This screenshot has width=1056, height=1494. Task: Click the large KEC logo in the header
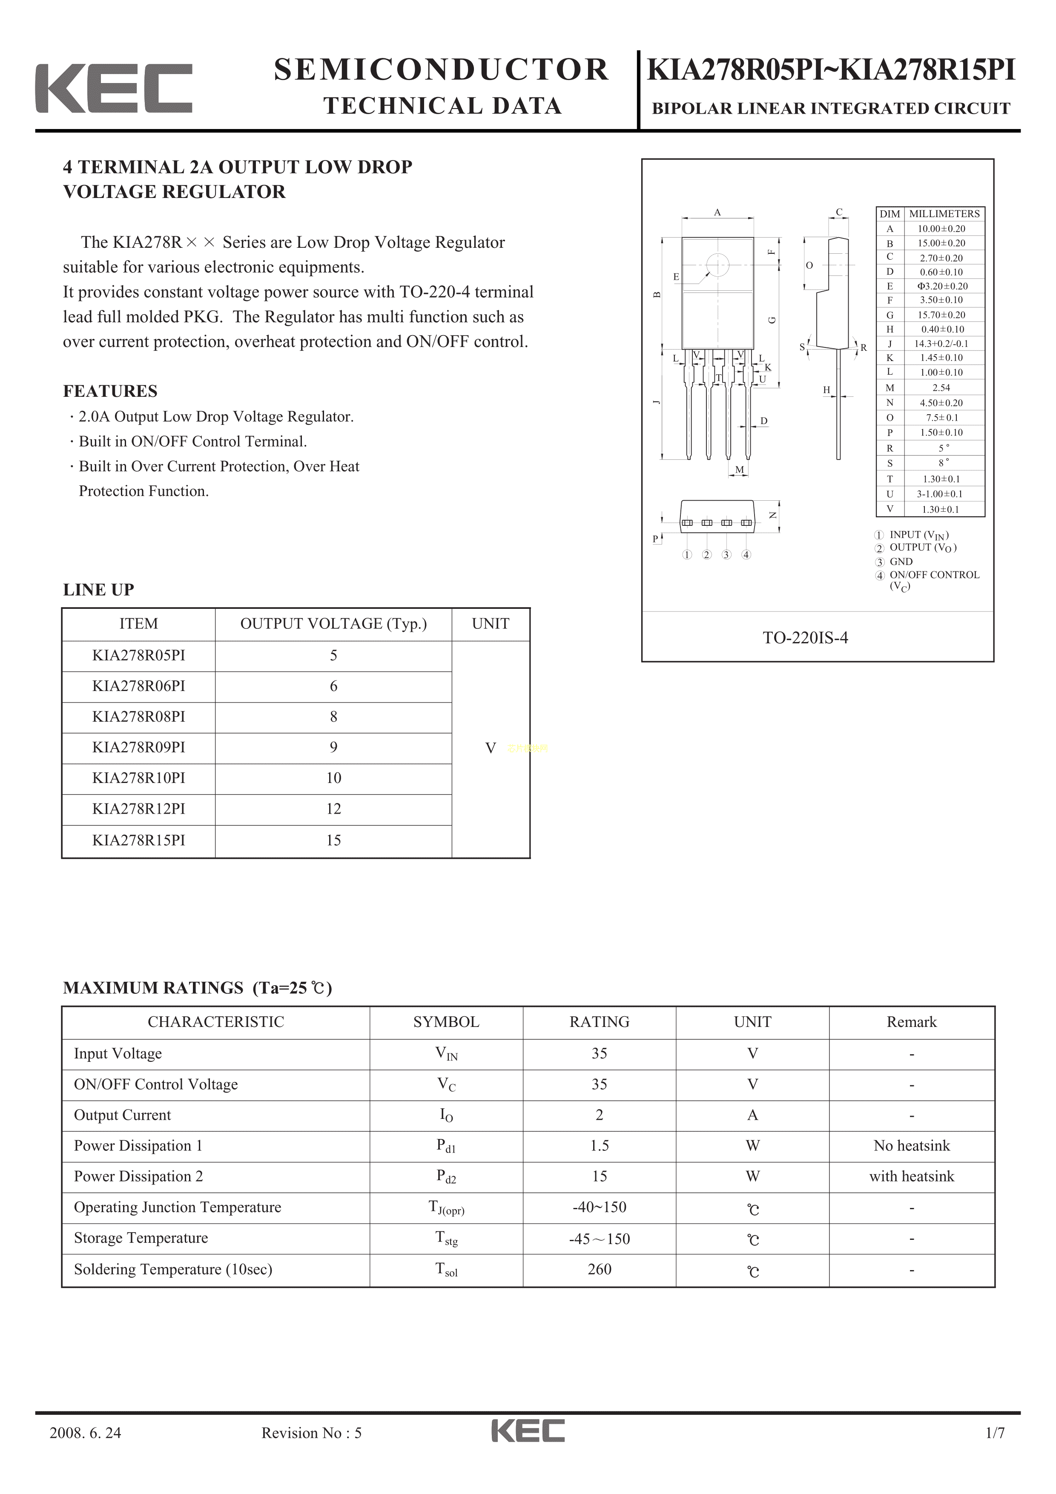tap(114, 89)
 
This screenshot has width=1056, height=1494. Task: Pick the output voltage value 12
tap(333, 809)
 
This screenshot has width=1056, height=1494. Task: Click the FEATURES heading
tap(110, 391)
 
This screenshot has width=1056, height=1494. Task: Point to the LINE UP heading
tap(98, 590)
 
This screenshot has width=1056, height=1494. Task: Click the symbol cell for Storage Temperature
tap(446, 1239)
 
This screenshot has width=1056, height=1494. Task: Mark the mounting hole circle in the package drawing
tap(717, 264)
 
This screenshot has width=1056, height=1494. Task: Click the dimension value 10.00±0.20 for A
tap(941, 228)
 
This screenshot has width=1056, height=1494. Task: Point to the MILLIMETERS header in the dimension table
tap(944, 213)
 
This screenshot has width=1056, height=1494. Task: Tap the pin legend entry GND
tap(901, 562)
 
